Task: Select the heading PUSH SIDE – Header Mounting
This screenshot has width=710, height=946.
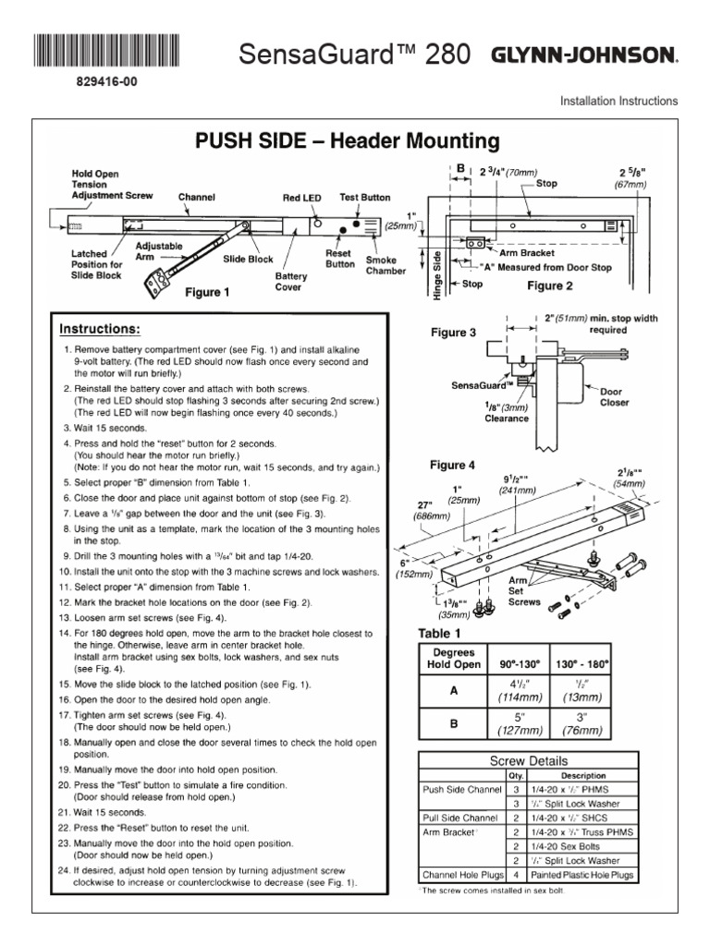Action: click(347, 141)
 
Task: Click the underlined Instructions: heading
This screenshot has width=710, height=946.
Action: click(100, 329)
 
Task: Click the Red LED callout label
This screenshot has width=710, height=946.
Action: click(301, 198)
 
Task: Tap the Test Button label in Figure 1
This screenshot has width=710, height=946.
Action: click(365, 198)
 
